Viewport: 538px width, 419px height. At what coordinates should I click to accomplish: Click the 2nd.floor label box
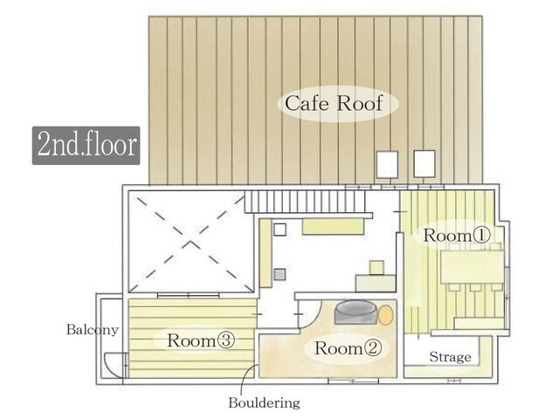point(86,146)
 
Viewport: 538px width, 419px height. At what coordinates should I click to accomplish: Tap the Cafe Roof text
point(334,103)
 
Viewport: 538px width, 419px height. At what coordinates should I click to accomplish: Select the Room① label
point(457,235)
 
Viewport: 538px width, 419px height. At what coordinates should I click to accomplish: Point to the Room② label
point(348,348)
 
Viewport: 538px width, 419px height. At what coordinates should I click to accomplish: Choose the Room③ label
point(201,340)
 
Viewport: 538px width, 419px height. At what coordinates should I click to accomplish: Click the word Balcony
point(93,330)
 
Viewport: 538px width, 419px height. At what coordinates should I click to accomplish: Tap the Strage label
point(450,357)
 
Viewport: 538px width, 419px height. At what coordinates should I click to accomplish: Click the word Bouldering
point(264,402)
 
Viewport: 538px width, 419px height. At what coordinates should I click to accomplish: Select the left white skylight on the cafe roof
point(388,164)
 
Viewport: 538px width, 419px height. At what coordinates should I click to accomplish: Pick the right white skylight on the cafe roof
point(424,164)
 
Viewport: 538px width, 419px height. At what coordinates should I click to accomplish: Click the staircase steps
point(305,202)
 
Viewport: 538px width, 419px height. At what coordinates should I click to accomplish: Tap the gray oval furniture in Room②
point(355,313)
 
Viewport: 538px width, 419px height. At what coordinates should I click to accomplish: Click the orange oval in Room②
point(386,315)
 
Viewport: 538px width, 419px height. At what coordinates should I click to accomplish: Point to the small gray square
point(280,274)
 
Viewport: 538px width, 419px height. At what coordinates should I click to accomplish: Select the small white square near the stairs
point(280,230)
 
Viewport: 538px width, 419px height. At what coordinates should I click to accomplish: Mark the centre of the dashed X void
point(191,242)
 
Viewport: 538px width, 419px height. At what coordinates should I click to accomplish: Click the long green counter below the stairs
point(333,226)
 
